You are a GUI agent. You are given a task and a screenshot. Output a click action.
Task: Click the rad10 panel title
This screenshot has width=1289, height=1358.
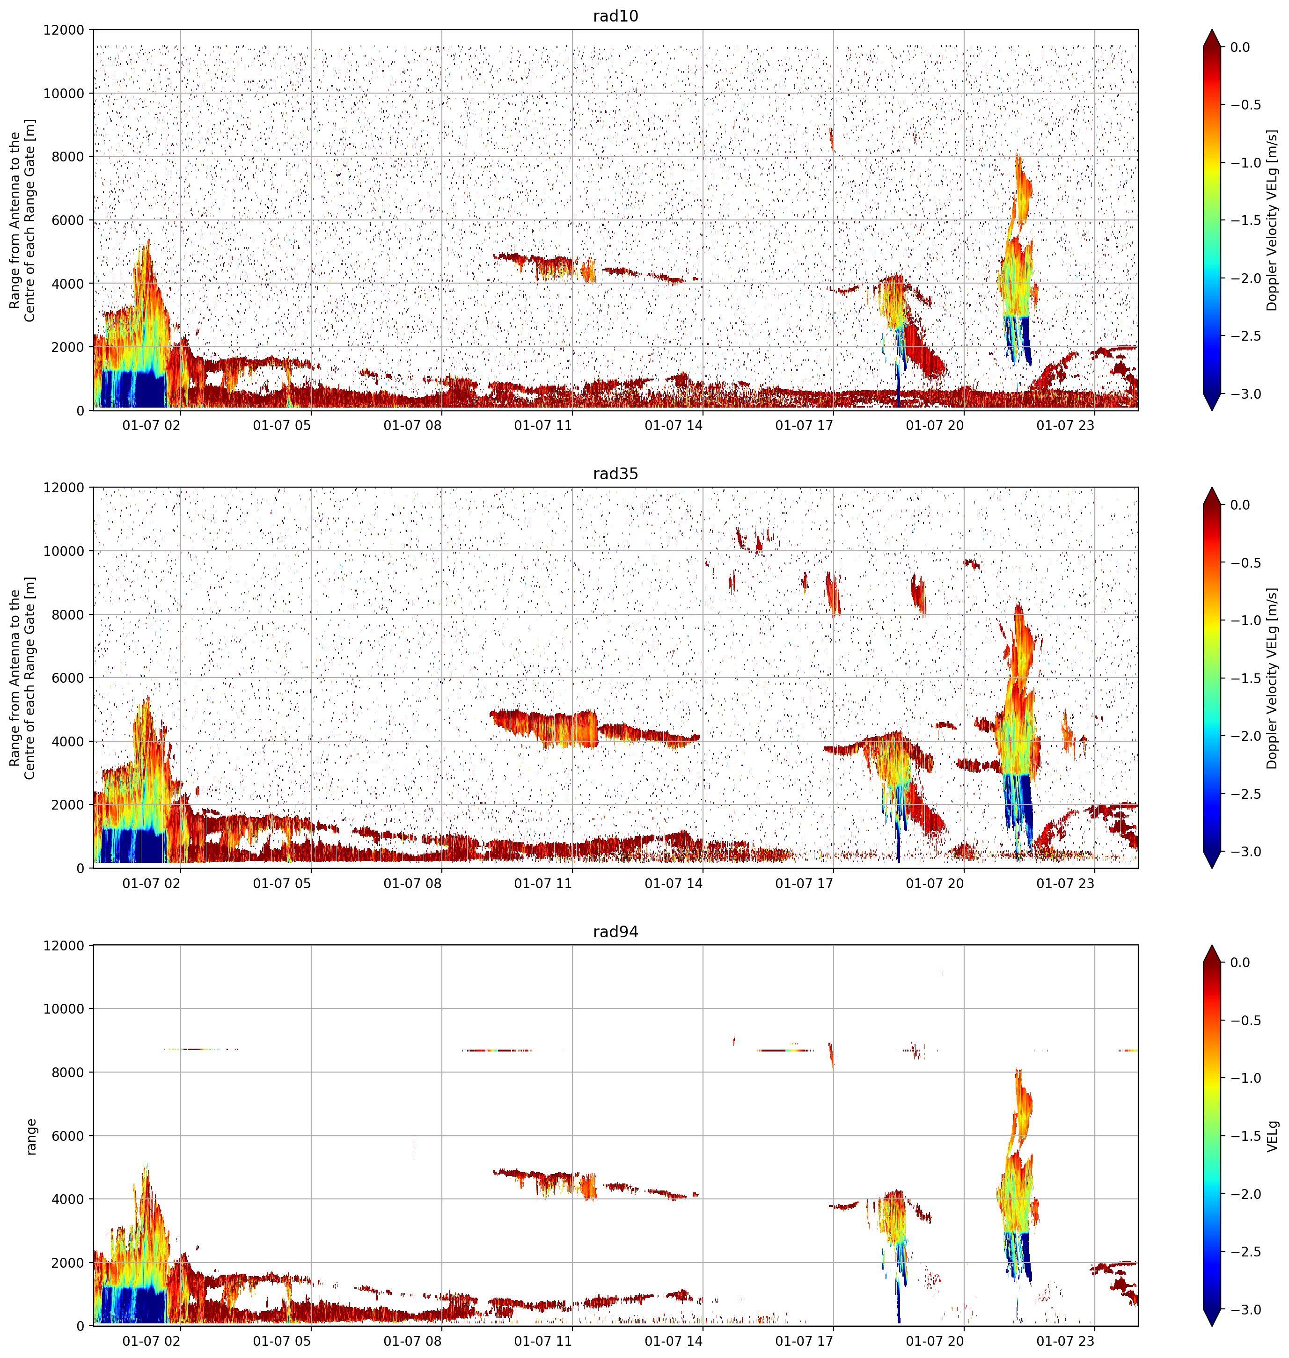[x=615, y=16]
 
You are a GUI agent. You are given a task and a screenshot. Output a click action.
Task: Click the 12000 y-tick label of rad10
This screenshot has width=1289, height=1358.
[x=64, y=30]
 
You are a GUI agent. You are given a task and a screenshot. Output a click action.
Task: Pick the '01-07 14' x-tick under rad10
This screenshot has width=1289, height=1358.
[x=674, y=425]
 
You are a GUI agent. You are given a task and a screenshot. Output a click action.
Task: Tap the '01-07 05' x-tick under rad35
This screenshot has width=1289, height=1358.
[x=282, y=883]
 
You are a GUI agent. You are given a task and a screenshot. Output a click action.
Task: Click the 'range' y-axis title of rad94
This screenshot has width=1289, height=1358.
[x=31, y=1137]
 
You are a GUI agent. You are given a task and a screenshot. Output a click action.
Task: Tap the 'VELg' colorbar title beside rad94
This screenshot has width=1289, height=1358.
[x=1273, y=1136]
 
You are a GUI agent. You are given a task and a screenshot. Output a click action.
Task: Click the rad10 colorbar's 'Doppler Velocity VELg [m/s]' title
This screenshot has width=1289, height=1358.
[x=1273, y=220]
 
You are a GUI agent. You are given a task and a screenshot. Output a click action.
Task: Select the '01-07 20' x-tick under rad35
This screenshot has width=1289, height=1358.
[x=935, y=883]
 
